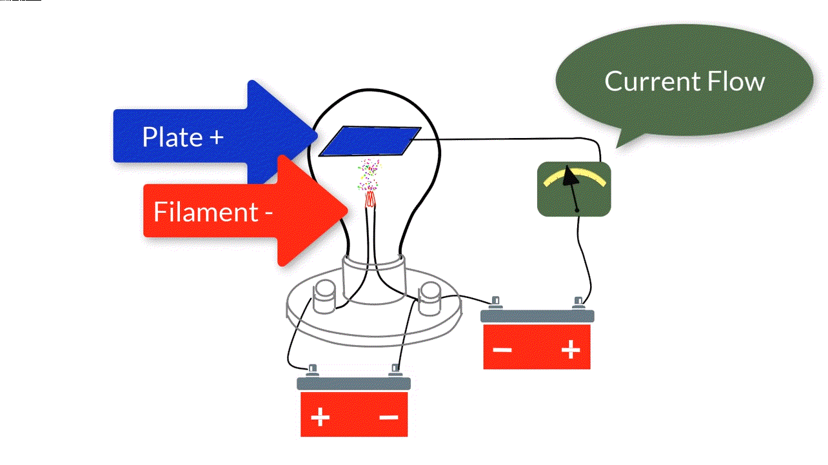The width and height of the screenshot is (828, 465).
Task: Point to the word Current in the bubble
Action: (x=652, y=82)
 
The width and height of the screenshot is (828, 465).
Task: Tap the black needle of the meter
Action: (x=571, y=187)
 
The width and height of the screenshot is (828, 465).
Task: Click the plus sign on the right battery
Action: (x=571, y=350)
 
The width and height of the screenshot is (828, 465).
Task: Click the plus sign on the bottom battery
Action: (x=320, y=418)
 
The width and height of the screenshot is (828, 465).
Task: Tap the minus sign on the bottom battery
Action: (x=389, y=417)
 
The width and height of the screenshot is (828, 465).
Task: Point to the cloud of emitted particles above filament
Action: (x=369, y=173)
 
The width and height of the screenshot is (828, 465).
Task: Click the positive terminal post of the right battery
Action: (x=578, y=301)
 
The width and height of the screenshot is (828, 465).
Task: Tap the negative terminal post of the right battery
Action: (x=495, y=301)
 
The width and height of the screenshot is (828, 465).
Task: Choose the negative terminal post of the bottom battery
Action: (x=395, y=370)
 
